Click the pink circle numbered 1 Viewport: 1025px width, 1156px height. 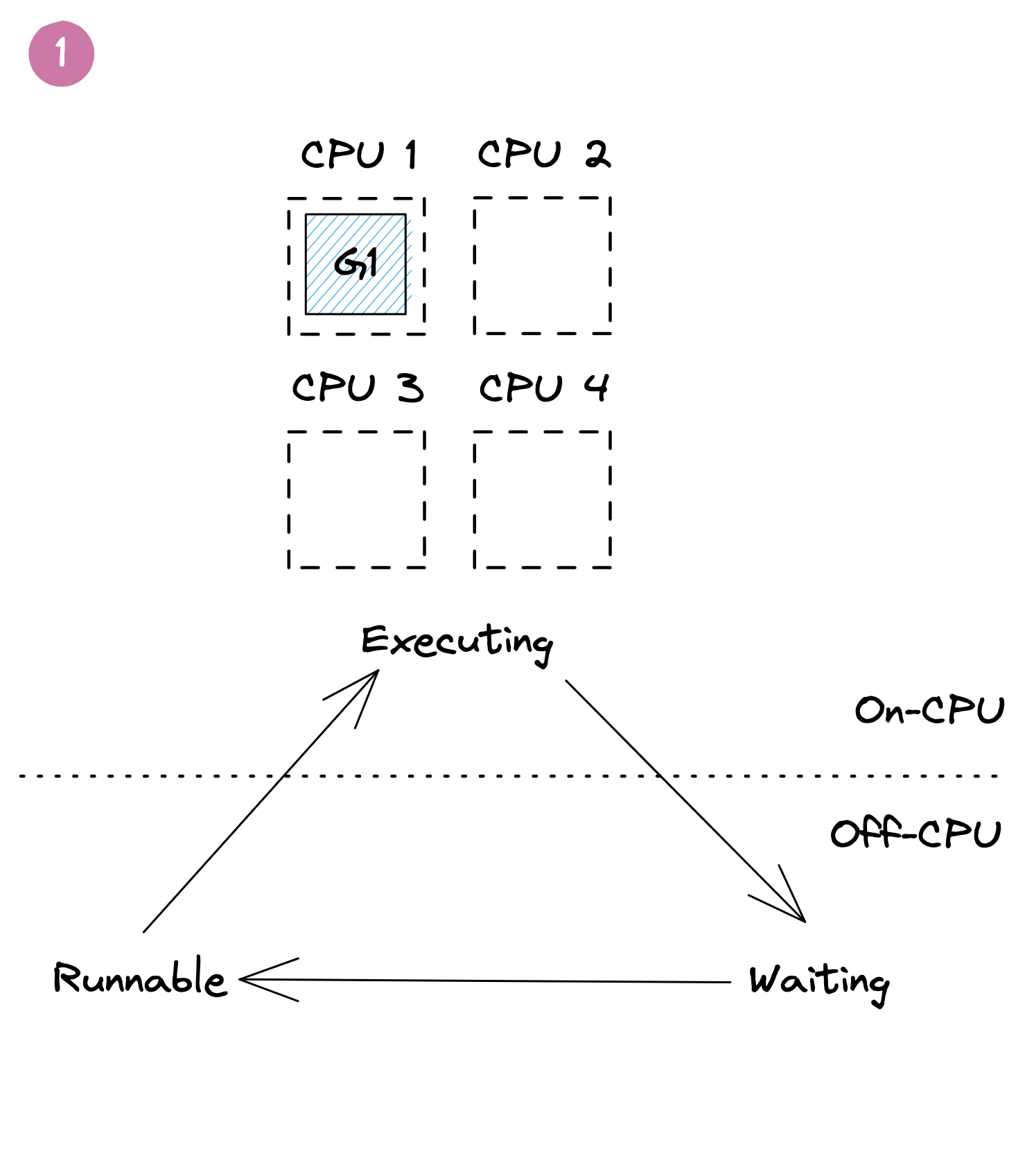point(61,53)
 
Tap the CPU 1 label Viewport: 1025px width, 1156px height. point(358,154)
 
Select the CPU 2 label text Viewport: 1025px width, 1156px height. point(544,154)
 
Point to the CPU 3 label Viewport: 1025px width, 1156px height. point(357,388)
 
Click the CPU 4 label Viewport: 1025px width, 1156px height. point(544,388)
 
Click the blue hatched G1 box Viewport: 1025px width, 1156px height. point(356,264)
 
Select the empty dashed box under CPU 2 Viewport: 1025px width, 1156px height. point(542,266)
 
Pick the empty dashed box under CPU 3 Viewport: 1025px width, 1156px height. point(356,499)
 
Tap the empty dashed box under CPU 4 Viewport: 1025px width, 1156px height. point(542,499)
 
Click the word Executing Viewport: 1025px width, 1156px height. point(457,641)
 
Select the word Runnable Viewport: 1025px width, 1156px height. point(140,978)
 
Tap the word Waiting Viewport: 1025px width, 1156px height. point(819,981)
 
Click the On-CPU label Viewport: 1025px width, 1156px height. point(929,710)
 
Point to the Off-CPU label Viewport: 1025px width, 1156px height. point(916,834)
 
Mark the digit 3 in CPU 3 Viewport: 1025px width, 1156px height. point(410,388)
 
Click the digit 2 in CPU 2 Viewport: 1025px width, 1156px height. point(597,154)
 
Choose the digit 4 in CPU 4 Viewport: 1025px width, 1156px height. point(596,387)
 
